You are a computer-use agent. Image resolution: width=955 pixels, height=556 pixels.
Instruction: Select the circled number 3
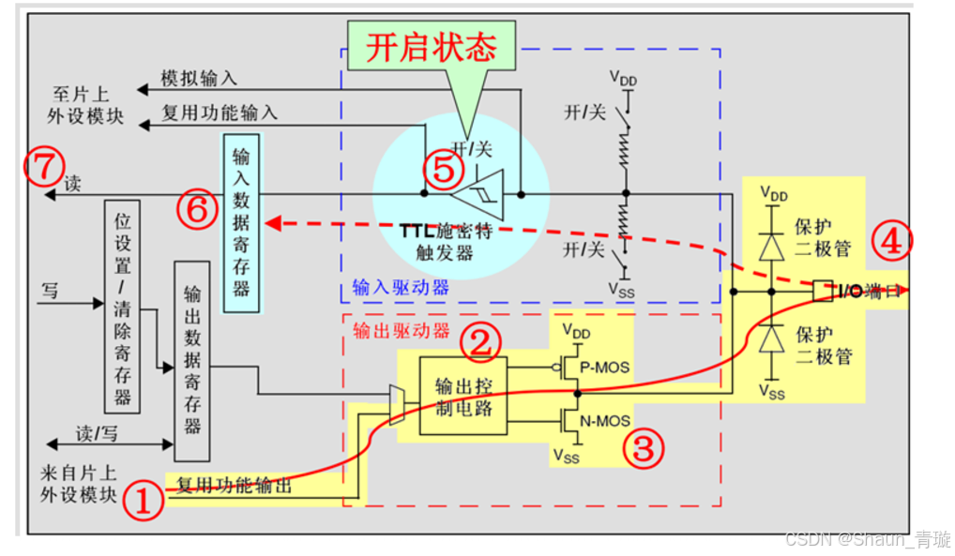[x=643, y=449]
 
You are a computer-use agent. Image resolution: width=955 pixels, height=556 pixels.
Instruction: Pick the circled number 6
[x=198, y=211]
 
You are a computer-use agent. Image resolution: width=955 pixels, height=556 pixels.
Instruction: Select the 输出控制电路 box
[x=463, y=396]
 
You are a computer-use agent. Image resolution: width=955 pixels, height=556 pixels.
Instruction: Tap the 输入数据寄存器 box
[x=241, y=222]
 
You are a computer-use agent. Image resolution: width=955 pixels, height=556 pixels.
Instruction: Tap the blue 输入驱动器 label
[x=401, y=287]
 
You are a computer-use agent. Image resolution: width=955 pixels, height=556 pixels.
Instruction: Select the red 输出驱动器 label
[x=401, y=331]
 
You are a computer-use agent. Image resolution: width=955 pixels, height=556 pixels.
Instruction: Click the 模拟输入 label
[x=199, y=80]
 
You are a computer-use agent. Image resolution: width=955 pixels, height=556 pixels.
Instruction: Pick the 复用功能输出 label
[x=235, y=485]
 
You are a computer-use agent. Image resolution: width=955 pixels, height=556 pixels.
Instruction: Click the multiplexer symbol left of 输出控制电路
[x=396, y=404]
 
